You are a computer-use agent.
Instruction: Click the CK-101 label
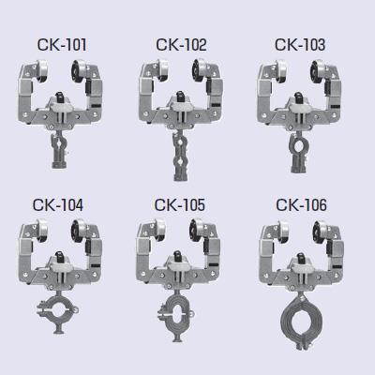point(62,45)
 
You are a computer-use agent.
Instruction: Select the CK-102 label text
point(181,45)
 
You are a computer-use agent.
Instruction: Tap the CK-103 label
point(300,45)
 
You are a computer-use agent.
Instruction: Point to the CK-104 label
point(58,204)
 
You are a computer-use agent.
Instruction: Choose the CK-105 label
point(180,204)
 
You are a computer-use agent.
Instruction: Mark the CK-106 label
point(302,204)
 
